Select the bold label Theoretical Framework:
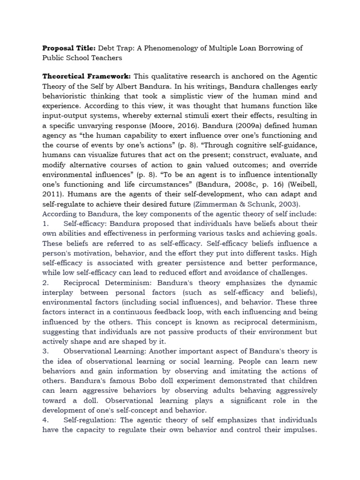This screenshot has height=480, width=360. (87, 76)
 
